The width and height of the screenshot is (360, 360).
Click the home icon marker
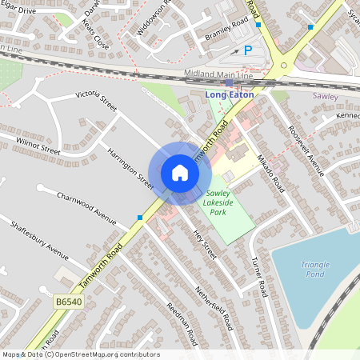(x=180, y=172)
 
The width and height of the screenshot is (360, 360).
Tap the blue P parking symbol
(x=248, y=50)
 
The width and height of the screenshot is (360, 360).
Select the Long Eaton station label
(x=230, y=94)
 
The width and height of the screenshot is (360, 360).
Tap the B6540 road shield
(x=69, y=302)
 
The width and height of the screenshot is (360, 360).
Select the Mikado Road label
(x=270, y=170)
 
